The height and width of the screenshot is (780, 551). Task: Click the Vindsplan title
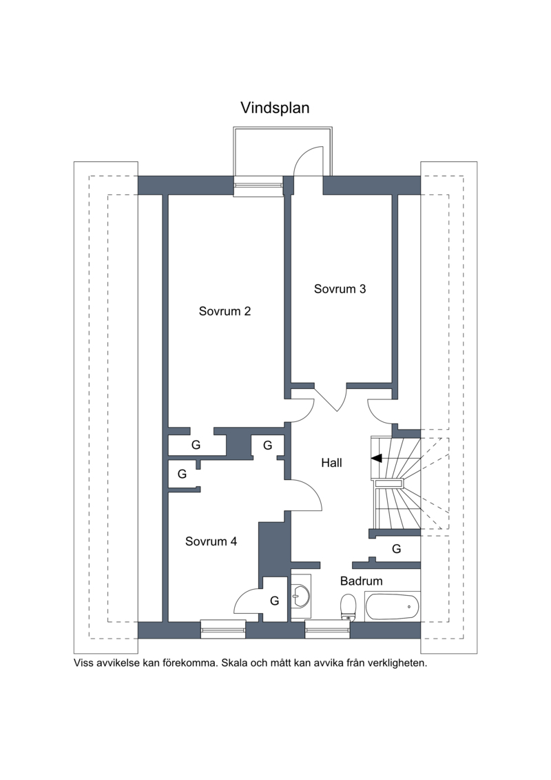275,108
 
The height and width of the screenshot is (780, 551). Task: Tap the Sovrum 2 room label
225,312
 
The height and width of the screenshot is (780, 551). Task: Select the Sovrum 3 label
340,289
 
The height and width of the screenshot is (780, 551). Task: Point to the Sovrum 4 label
211,541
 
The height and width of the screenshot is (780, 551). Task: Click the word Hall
331,463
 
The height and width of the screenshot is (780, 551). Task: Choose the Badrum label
361,581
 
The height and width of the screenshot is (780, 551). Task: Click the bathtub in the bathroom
392,606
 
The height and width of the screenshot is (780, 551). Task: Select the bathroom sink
301,594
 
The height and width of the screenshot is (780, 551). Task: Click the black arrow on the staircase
377,458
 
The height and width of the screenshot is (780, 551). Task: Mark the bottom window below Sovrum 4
223,629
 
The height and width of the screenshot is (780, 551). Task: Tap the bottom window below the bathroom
327,629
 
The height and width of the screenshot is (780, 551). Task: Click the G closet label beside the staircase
397,549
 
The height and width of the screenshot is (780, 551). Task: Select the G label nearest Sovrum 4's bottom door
274,601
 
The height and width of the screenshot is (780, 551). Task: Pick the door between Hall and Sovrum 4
304,495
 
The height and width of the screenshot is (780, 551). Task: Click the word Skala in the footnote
234,663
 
